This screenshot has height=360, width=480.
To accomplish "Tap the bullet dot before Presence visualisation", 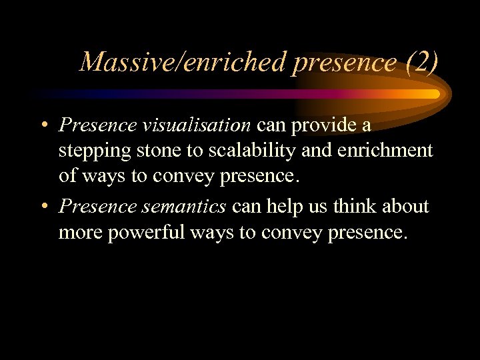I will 42,125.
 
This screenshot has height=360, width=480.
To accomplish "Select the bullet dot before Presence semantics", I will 42,207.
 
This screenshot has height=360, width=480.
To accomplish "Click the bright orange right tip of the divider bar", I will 434,94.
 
